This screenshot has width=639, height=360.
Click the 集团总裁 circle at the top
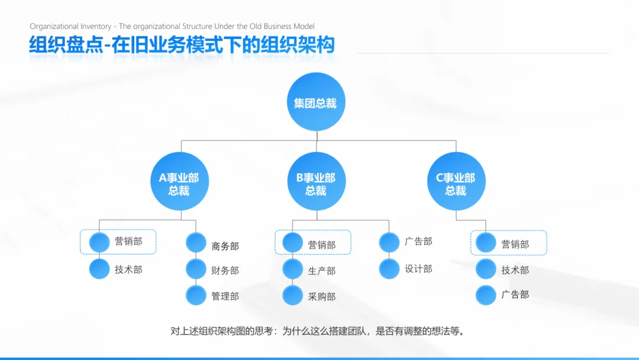tap(315, 102)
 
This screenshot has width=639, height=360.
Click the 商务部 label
tap(225, 246)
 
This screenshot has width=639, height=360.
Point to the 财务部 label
tap(225, 271)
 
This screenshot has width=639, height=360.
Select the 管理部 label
tap(225, 296)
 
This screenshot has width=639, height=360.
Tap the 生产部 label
tap(322, 271)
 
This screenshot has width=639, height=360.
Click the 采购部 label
tap(322, 297)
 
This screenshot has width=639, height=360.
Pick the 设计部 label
tap(418, 269)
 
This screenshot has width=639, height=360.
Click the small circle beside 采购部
tap(292, 295)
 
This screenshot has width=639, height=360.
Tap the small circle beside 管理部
tap(196, 295)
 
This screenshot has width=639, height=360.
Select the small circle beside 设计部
tap(389, 269)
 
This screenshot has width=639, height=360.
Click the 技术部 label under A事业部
tap(128, 269)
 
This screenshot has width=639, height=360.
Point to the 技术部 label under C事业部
tap(515, 270)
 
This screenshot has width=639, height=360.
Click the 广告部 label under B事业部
tap(418, 242)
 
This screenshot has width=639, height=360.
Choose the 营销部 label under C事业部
tap(515, 244)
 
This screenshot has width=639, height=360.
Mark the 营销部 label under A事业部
tap(128, 242)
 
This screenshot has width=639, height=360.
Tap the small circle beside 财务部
tap(196, 269)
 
